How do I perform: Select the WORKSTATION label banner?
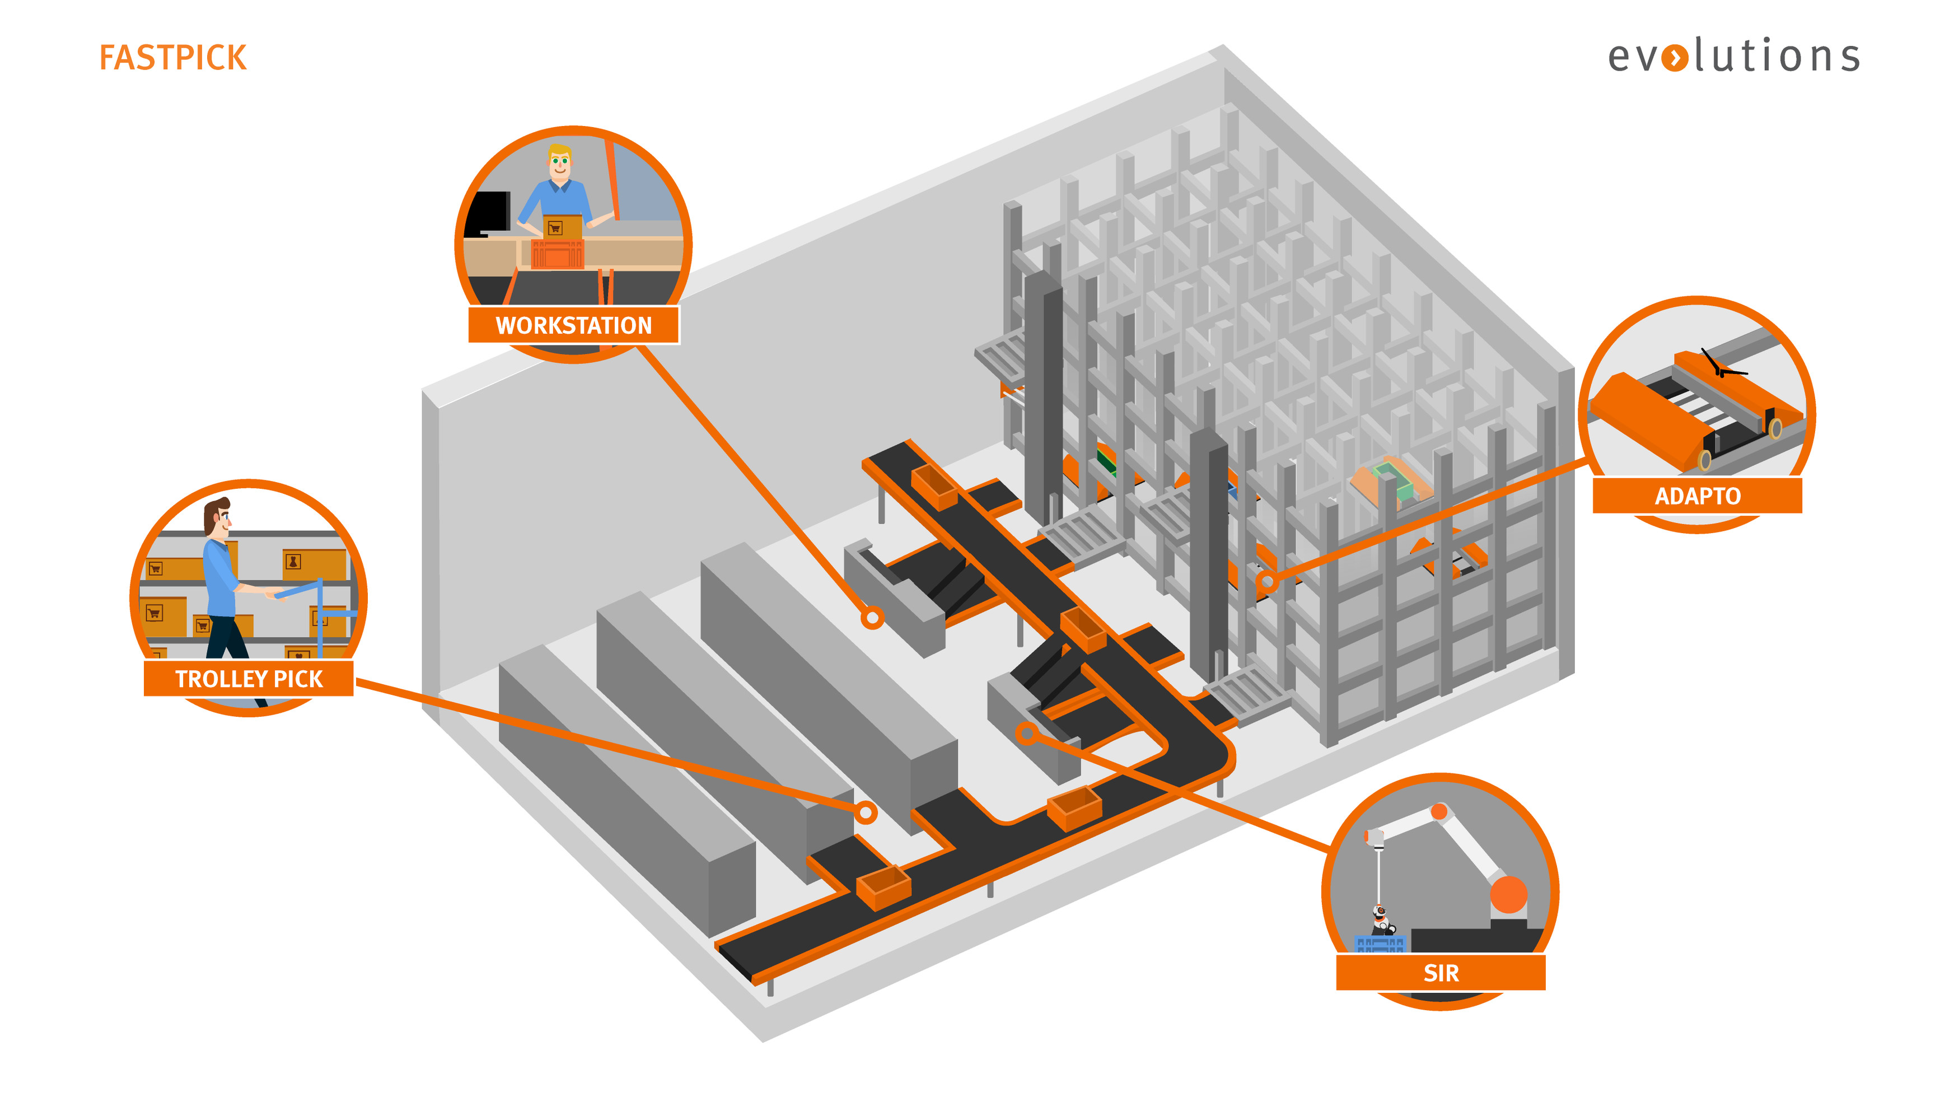click(573, 325)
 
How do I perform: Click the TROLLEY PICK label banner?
click(249, 678)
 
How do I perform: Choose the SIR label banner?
click(1441, 973)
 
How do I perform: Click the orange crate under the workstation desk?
click(558, 254)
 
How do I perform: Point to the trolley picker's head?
click(217, 517)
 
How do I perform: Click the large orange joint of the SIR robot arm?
click(1508, 894)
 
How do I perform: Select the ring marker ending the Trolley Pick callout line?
click(866, 813)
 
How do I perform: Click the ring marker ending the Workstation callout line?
click(872, 618)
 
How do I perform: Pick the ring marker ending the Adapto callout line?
click(1267, 582)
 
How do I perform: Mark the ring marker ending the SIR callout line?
click(1027, 733)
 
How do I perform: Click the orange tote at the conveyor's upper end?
click(934, 486)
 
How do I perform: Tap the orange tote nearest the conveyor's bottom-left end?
click(883, 887)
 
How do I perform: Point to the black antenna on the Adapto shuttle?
click(1719, 367)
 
